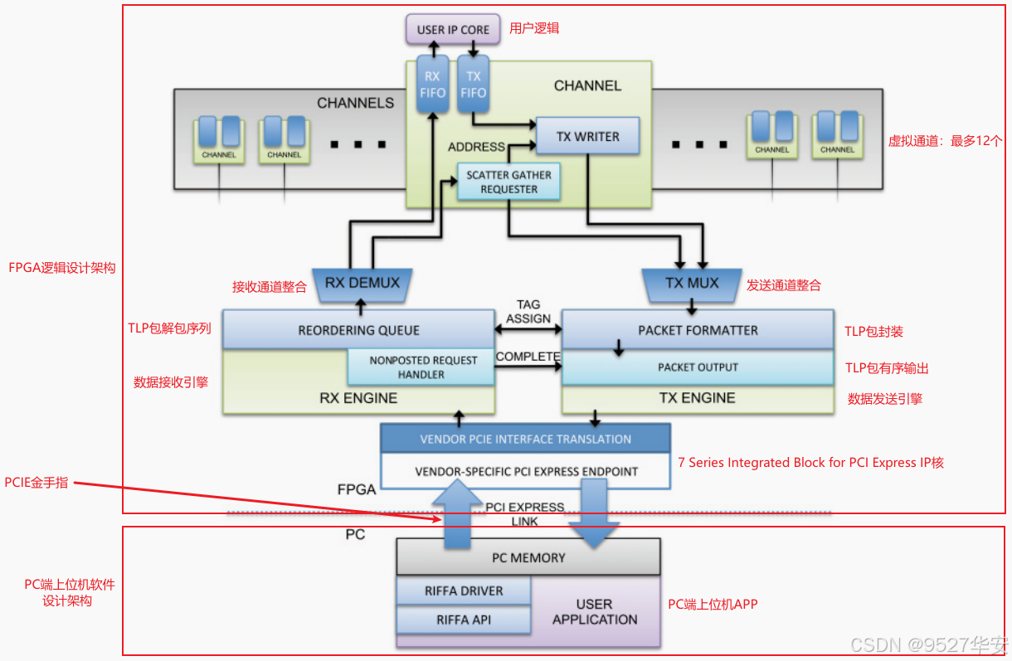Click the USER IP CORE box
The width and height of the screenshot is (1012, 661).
pos(453,30)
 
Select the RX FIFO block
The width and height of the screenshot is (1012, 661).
pos(432,84)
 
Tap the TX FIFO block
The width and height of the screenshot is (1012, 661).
pos(473,84)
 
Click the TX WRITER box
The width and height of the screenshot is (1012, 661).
pos(587,137)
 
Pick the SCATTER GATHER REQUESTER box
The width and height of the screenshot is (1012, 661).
pos(509,182)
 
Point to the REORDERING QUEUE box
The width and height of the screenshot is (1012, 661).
pos(358,330)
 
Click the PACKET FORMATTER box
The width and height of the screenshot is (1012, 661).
pos(698,330)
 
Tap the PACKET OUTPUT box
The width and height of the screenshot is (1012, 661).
pos(698,367)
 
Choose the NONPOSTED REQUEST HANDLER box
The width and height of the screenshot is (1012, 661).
pos(423,367)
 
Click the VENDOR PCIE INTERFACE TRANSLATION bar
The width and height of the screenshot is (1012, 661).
pos(525,439)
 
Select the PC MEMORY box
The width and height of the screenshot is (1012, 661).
pos(528,558)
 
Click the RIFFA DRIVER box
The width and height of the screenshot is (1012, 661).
pos(464,591)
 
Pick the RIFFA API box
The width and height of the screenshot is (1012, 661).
pos(464,620)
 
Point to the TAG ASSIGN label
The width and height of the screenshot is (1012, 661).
pos(528,312)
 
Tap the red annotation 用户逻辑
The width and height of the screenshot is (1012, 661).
pos(534,28)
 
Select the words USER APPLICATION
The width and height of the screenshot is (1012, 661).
pos(595,612)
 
